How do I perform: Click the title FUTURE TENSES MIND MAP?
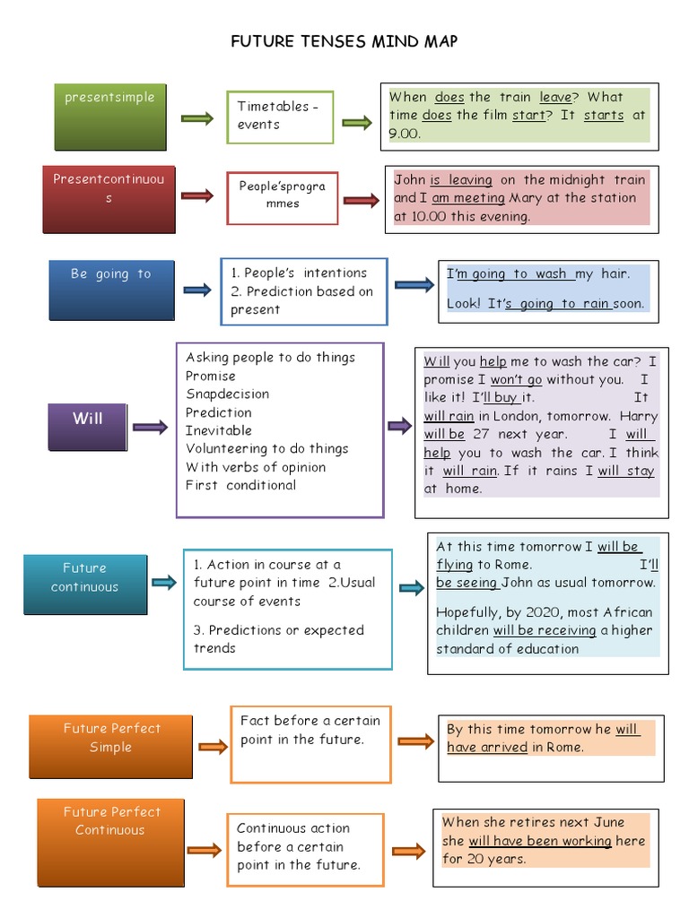click(x=344, y=42)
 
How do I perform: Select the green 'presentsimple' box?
click(x=109, y=115)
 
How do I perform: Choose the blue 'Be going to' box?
click(x=111, y=289)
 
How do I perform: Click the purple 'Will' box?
click(x=87, y=425)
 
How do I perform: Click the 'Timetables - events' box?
click(x=280, y=117)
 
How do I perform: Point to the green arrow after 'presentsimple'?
click(x=196, y=118)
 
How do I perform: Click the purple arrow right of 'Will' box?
click(x=150, y=428)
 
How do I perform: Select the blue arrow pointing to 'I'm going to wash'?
click(x=414, y=285)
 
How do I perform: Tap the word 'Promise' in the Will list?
click(x=211, y=376)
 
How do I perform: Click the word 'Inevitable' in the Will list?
click(x=218, y=430)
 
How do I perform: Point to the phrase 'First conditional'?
click(x=240, y=485)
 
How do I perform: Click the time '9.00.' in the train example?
click(x=405, y=133)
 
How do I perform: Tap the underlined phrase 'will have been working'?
click(x=539, y=841)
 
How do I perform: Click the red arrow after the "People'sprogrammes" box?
click(x=361, y=201)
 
